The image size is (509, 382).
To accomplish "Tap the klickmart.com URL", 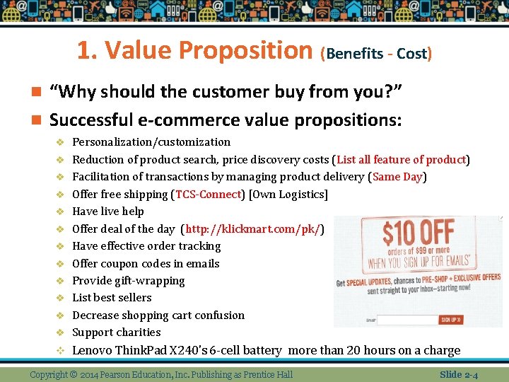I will tap(253, 229).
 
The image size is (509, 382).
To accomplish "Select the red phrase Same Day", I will tap(397, 177).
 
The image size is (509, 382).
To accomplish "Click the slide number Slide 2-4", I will tap(458, 374).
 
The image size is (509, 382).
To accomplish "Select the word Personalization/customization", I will tap(151, 142).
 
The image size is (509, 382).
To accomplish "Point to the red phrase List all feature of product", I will tap(402, 160).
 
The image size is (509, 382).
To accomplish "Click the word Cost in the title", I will tap(411, 54).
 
